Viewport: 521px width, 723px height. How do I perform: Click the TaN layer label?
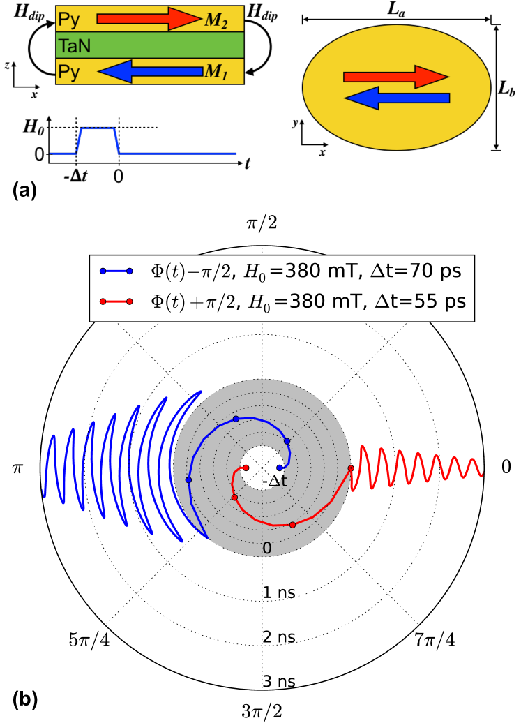pyautogui.click(x=74, y=47)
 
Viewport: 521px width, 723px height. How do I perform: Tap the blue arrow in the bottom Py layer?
pyautogui.click(x=148, y=70)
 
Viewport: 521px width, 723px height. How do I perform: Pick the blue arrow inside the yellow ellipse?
pyautogui.click(x=397, y=98)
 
